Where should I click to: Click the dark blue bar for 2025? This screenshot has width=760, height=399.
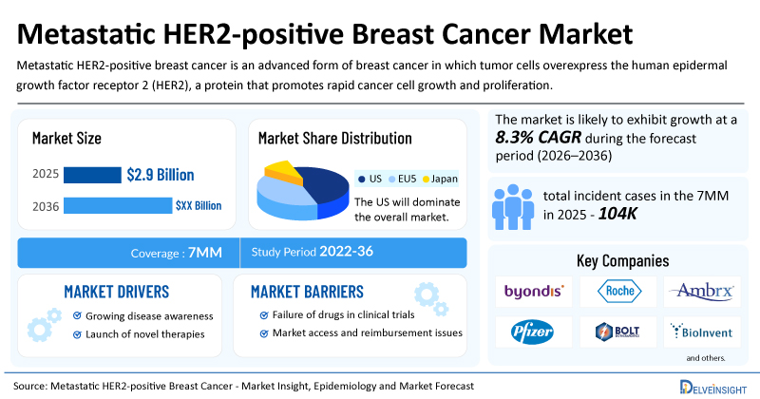92,175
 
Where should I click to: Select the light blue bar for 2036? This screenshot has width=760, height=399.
118,205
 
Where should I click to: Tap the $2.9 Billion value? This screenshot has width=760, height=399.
161,175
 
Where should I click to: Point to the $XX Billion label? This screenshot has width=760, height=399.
199,205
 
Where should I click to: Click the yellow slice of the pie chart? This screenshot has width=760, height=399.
283,172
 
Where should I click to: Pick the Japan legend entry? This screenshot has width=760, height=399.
440,179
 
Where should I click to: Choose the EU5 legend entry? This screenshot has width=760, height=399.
402,179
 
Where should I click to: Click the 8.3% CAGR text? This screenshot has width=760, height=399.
538,138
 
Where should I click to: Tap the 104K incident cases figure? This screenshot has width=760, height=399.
617,214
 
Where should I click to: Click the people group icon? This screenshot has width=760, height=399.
513,207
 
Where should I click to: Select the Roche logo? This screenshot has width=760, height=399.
619,291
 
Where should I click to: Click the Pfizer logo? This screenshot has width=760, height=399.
532,332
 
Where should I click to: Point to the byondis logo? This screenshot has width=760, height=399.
534,291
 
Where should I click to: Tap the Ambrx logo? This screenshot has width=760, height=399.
702,291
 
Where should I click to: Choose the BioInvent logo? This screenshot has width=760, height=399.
701,332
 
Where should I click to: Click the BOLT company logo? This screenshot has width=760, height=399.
617,332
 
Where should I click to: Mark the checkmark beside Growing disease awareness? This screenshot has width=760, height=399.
77,315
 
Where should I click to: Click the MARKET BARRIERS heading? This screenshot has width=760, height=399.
307,292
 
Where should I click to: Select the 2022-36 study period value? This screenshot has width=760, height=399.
346,251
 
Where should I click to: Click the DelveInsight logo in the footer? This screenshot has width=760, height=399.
713,387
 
